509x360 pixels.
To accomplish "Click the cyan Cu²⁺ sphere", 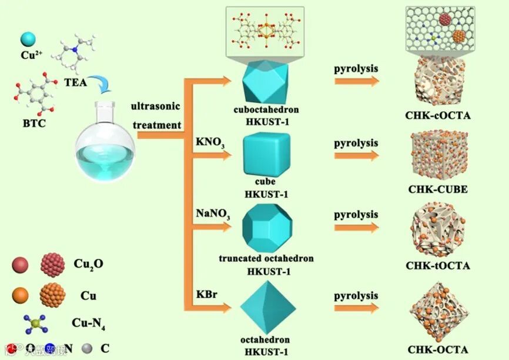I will point(28,40).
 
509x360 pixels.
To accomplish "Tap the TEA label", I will point(75,82).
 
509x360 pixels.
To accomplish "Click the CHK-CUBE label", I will point(437,189).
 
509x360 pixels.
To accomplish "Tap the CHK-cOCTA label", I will point(438,115).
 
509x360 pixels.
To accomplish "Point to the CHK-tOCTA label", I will point(438,266).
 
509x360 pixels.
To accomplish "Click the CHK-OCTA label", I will point(438,350).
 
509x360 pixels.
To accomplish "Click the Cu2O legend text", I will point(89,264).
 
